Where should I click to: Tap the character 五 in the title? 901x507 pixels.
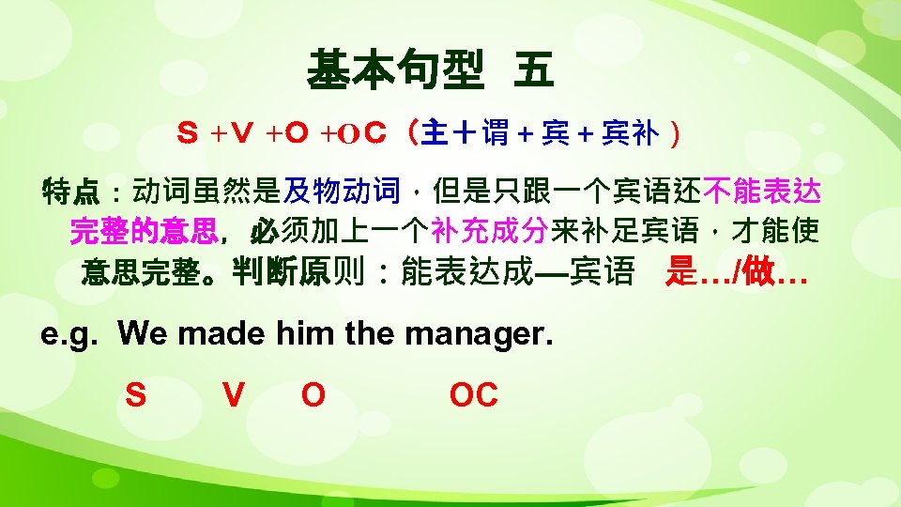(x=533, y=70)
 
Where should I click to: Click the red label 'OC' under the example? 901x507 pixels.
(x=473, y=396)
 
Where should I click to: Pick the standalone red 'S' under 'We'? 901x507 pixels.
(x=135, y=396)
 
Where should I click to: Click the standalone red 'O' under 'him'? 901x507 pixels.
(x=313, y=396)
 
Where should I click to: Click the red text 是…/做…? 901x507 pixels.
(x=736, y=273)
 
